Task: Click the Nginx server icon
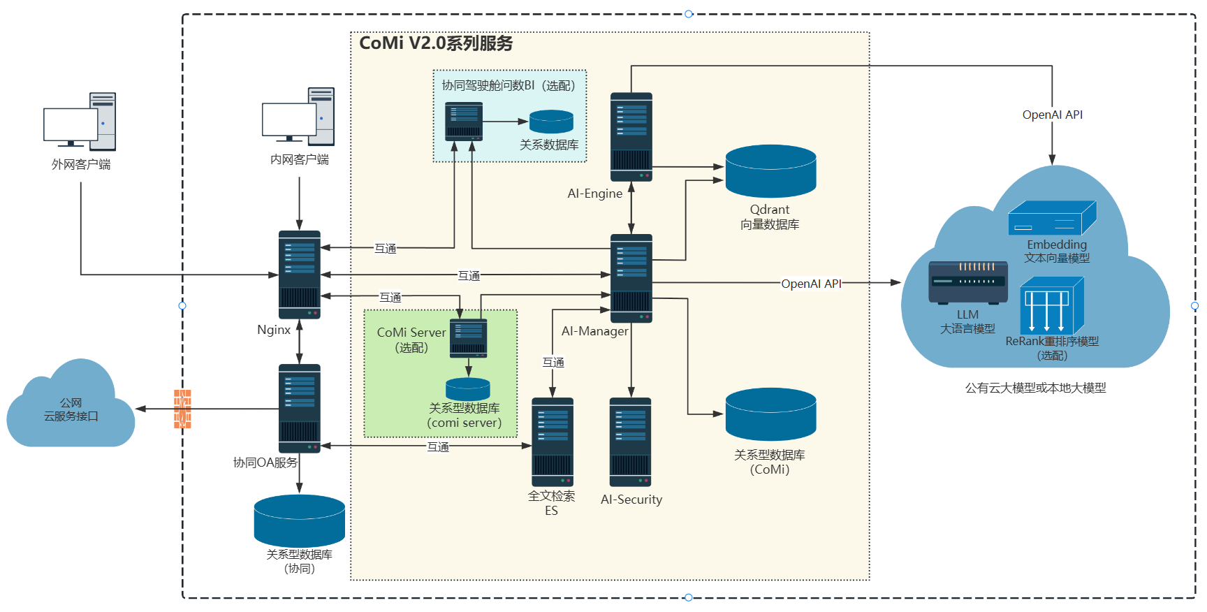pyautogui.click(x=299, y=275)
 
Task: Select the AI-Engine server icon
pyautogui.click(x=631, y=137)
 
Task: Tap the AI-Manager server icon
pyautogui.click(x=631, y=278)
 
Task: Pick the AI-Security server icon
pyautogui.click(x=630, y=442)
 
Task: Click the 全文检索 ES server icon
pyautogui.click(x=552, y=442)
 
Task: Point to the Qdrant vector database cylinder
pyautogui.click(x=770, y=171)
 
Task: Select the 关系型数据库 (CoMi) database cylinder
pyautogui.click(x=770, y=414)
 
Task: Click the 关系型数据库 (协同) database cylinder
pyautogui.click(x=299, y=520)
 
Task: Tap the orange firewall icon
pyautogui.click(x=182, y=409)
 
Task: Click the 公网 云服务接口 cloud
pyautogui.click(x=70, y=409)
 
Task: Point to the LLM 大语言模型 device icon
pyautogui.click(x=967, y=282)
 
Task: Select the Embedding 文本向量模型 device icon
pyautogui.click(x=1052, y=218)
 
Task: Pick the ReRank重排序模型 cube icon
pyautogui.click(x=1051, y=305)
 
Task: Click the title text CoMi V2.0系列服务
pyautogui.click(x=436, y=43)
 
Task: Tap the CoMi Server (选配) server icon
pyautogui.click(x=468, y=338)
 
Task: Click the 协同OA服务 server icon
pyautogui.click(x=299, y=408)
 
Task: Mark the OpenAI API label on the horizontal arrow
pyautogui.click(x=811, y=284)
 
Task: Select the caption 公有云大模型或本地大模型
pyautogui.click(x=1035, y=388)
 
